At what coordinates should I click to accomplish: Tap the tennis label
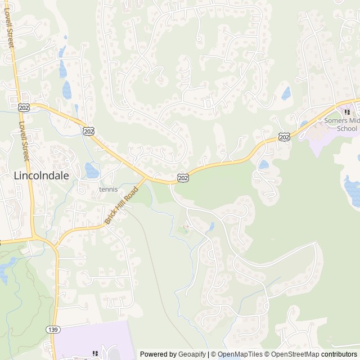[x=108, y=190]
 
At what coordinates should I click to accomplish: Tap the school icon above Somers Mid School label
[x=347, y=112]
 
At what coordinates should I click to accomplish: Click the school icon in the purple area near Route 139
[x=95, y=354]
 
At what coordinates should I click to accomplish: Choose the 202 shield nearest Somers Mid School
[x=285, y=137]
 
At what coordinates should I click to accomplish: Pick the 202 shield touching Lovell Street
[x=24, y=106]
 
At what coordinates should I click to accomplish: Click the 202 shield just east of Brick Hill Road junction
[x=183, y=178]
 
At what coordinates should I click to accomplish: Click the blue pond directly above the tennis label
[x=91, y=169]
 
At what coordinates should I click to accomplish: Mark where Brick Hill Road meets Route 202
[x=146, y=179]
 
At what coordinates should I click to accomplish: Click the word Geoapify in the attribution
[x=191, y=354]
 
